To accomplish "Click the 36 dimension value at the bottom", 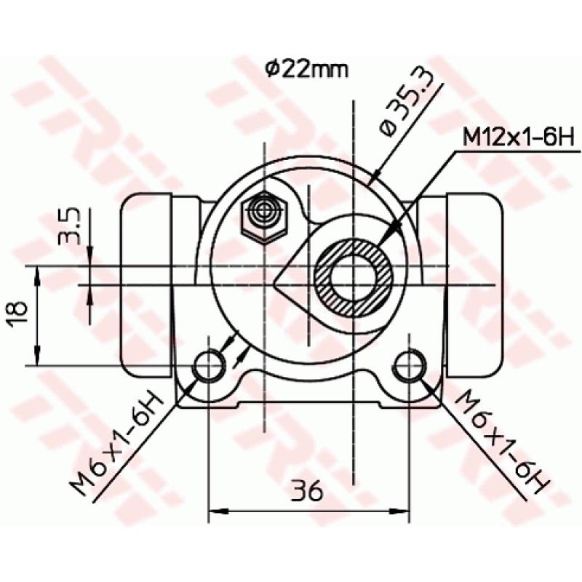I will click(x=308, y=492).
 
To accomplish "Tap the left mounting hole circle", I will click(x=210, y=364).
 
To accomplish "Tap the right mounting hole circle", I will click(x=409, y=364).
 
